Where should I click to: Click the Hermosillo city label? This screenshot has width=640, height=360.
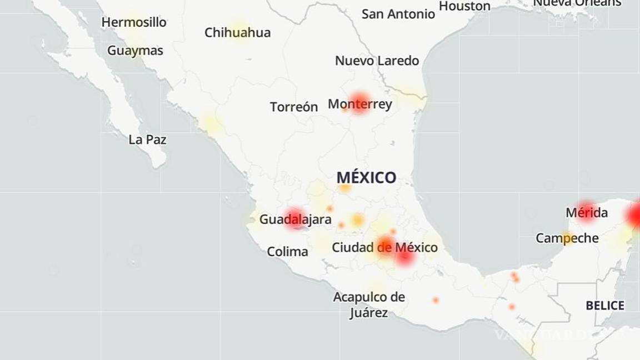pyautogui.click(x=134, y=22)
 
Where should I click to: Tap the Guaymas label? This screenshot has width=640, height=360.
pyautogui.click(x=135, y=51)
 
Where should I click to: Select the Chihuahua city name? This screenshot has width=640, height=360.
pyautogui.click(x=237, y=32)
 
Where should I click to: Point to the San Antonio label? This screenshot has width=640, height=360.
pyautogui.click(x=398, y=14)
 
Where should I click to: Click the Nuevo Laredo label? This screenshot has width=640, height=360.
pyautogui.click(x=377, y=61)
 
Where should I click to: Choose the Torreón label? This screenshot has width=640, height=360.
pyautogui.click(x=294, y=107)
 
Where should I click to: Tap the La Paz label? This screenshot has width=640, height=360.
pyautogui.click(x=147, y=139)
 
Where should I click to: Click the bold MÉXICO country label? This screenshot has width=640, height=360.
pyautogui.click(x=366, y=178)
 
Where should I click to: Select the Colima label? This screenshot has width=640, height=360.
pyautogui.click(x=287, y=252)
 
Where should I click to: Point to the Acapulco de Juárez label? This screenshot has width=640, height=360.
pyautogui.click(x=369, y=304)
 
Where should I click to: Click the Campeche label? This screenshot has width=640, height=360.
pyautogui.click(x=567, y=238)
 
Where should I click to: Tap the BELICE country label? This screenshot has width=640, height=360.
pyautogui.click(x=605, y=306)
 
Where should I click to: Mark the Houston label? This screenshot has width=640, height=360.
pyautogui.click(x=464, y=6)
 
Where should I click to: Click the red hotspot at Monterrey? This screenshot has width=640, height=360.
pyautogui.click(x=359, y=101)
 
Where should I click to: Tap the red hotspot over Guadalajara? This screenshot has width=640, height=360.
pyautogui.click(x=294, y=218)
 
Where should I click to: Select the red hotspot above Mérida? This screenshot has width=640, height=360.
pyautogui.click(x=586, y=208)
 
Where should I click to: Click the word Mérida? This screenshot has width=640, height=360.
pyautogui.click(x=586, y=213)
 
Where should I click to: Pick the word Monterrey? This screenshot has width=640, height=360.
pyautogui.click(x=360, y=104)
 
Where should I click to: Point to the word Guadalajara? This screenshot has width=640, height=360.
pyautogui.click(x=295, y=219)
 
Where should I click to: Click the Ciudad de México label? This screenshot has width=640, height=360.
pyautogui.click(x=384, y=247)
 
